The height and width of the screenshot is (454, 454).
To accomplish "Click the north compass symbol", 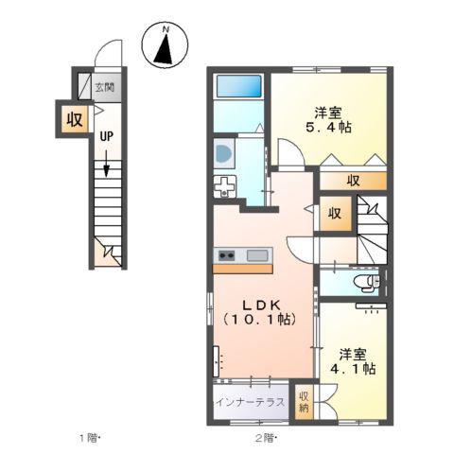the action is pyautogui.click(x=165, y=44).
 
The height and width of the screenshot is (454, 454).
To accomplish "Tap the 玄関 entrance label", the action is pyautogui.click(x=105, y=87).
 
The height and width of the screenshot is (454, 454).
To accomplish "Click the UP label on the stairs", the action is pyautogui.click(x=106, y=136).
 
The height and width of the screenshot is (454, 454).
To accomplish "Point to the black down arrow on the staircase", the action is pyautogui.click(x=106, y=164).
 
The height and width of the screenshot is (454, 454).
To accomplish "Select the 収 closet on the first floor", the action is pyautogui.click(x=75, y=119).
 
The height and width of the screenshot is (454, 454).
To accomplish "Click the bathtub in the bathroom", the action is pyautogui.click(x=239, y=86).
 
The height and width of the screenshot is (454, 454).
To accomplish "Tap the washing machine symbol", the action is pyautogui.click(x=224, y=153).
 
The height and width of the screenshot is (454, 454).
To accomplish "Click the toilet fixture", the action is pyautogui.click(x=368, y=281).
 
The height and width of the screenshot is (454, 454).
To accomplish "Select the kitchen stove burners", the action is pyautogui.click(x=226, y=255).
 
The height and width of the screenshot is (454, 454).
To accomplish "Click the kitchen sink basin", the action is pyautogui.click(x=257, y=255).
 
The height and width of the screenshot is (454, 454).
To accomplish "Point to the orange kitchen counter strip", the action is pyautogui.click(x=243, y=269).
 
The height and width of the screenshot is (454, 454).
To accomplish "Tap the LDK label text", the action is pyautogui.click(x=261, y=305).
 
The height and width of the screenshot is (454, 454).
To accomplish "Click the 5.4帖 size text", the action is pyautogui.click(x=328, y=128).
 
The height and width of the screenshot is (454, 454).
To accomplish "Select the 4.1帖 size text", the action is pyautogui.click(x=353, y=368).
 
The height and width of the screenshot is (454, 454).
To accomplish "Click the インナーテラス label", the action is pyautogui.click(x=250, y=402).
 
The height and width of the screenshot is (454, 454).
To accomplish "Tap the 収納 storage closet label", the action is pyautogui.click(x=304, y=402).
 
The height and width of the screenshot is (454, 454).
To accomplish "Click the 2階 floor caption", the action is pyautogui.click(x=266, y=438).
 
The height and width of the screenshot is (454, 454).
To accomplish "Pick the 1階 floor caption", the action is pyautogui.click(x=90, y=438).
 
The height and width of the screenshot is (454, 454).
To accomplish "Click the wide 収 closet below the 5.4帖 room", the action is pyautogui.click(x=354, y=181).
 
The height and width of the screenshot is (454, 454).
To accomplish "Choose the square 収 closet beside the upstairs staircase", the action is pyautogui.click(x=335, y=214).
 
